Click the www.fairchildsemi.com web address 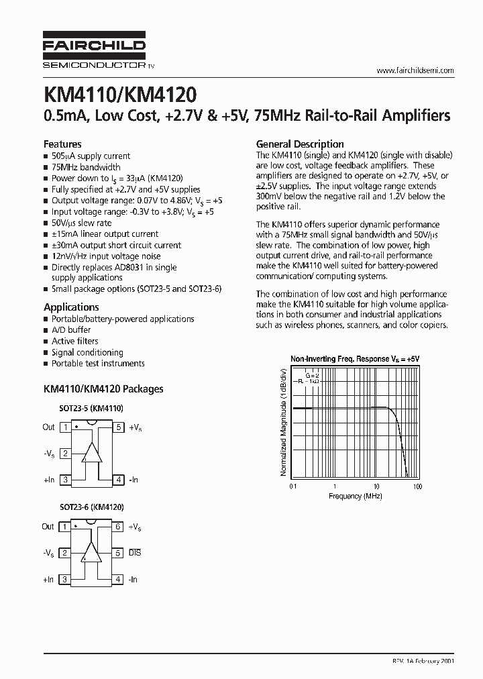(x=415, y=70)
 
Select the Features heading (x=62, y=144)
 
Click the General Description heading (x=300, y=144)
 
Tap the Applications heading (x=71, y=307)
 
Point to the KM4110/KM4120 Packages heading (x=103, y=388)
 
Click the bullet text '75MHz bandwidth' (x=86, y=167)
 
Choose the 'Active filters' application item (x=75, y=341)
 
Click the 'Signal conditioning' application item (x=87, y=352)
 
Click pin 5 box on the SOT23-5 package (x=118, y=427)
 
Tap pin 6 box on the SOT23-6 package (x=118, y=527)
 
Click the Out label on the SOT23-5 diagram (x=48, y=427)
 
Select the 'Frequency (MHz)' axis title (x=355, y=496)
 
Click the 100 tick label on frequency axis (x=417, y=486)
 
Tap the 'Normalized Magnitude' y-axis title (x=283, y=422)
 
